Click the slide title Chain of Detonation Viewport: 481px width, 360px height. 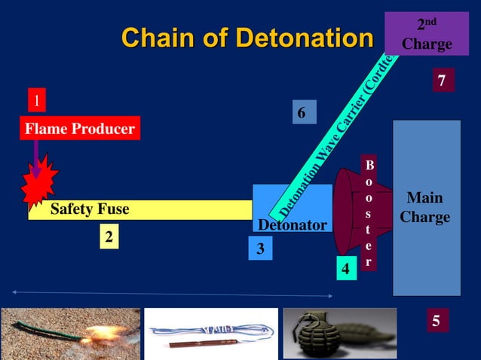click(247, 37)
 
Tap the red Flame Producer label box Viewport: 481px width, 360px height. click(80, 129)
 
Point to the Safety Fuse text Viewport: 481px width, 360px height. click(90, 209)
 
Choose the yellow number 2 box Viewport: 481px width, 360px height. click(109, 237)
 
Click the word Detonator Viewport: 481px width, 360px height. click(292, 225)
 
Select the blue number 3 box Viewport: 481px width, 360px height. click(260, 249)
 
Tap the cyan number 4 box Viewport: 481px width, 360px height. click(345, 268)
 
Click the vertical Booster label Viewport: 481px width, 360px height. click(368, 213)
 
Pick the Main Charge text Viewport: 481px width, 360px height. click(425, 208)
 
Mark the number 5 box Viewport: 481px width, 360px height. click(435, 321)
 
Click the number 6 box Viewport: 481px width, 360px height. click(302, 113)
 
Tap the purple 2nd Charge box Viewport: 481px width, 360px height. click(427, 34)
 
